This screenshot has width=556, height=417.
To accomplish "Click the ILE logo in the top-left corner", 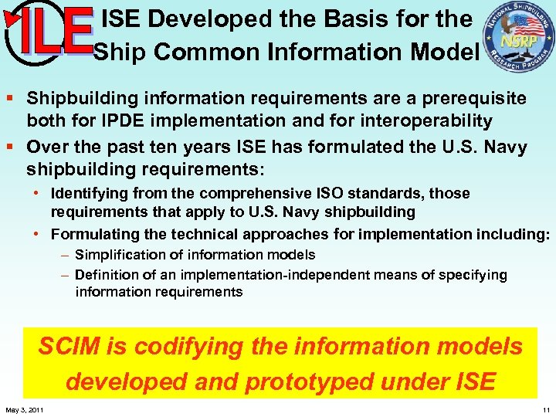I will tap(48, 35).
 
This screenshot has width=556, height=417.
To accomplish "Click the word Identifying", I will tap(90, 192).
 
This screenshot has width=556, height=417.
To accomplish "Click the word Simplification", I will tap(123, 254).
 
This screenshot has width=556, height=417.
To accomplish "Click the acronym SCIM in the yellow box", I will tap(69, 347).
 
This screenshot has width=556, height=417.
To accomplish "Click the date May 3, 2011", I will tap(24, 409).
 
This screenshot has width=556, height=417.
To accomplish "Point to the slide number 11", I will tap(546, 409).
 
